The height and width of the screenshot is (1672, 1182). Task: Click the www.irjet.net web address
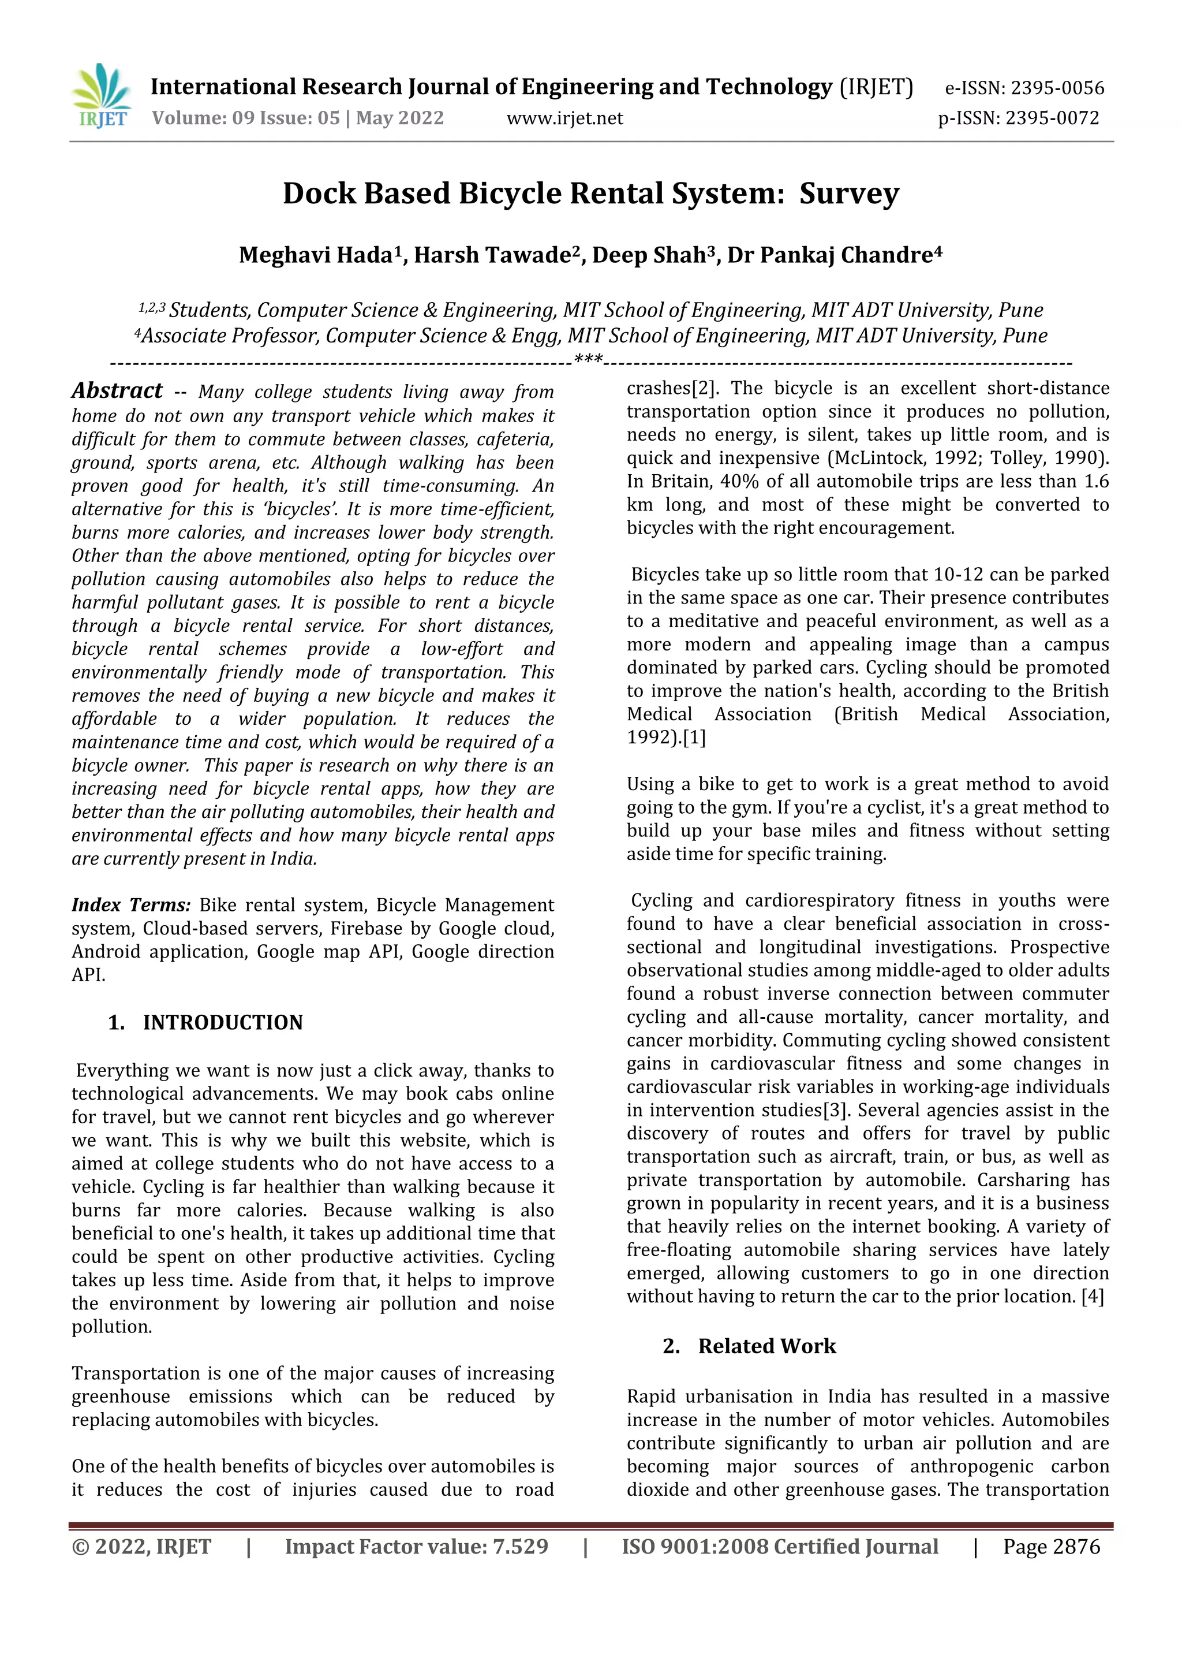click(565, 118)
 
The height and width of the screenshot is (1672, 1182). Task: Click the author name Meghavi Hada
click(316, 256)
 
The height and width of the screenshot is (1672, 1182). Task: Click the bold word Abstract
click(117, 391)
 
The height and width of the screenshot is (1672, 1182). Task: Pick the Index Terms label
click(131, 905)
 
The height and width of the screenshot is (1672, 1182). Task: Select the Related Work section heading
click(766, 1346)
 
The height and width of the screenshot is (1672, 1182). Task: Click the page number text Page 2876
click(1051, 1547)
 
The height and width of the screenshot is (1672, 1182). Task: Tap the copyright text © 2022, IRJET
click(141, 1547)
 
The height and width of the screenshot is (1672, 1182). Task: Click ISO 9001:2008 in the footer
click(694, 1547)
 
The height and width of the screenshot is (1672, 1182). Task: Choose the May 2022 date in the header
click(399, 118)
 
